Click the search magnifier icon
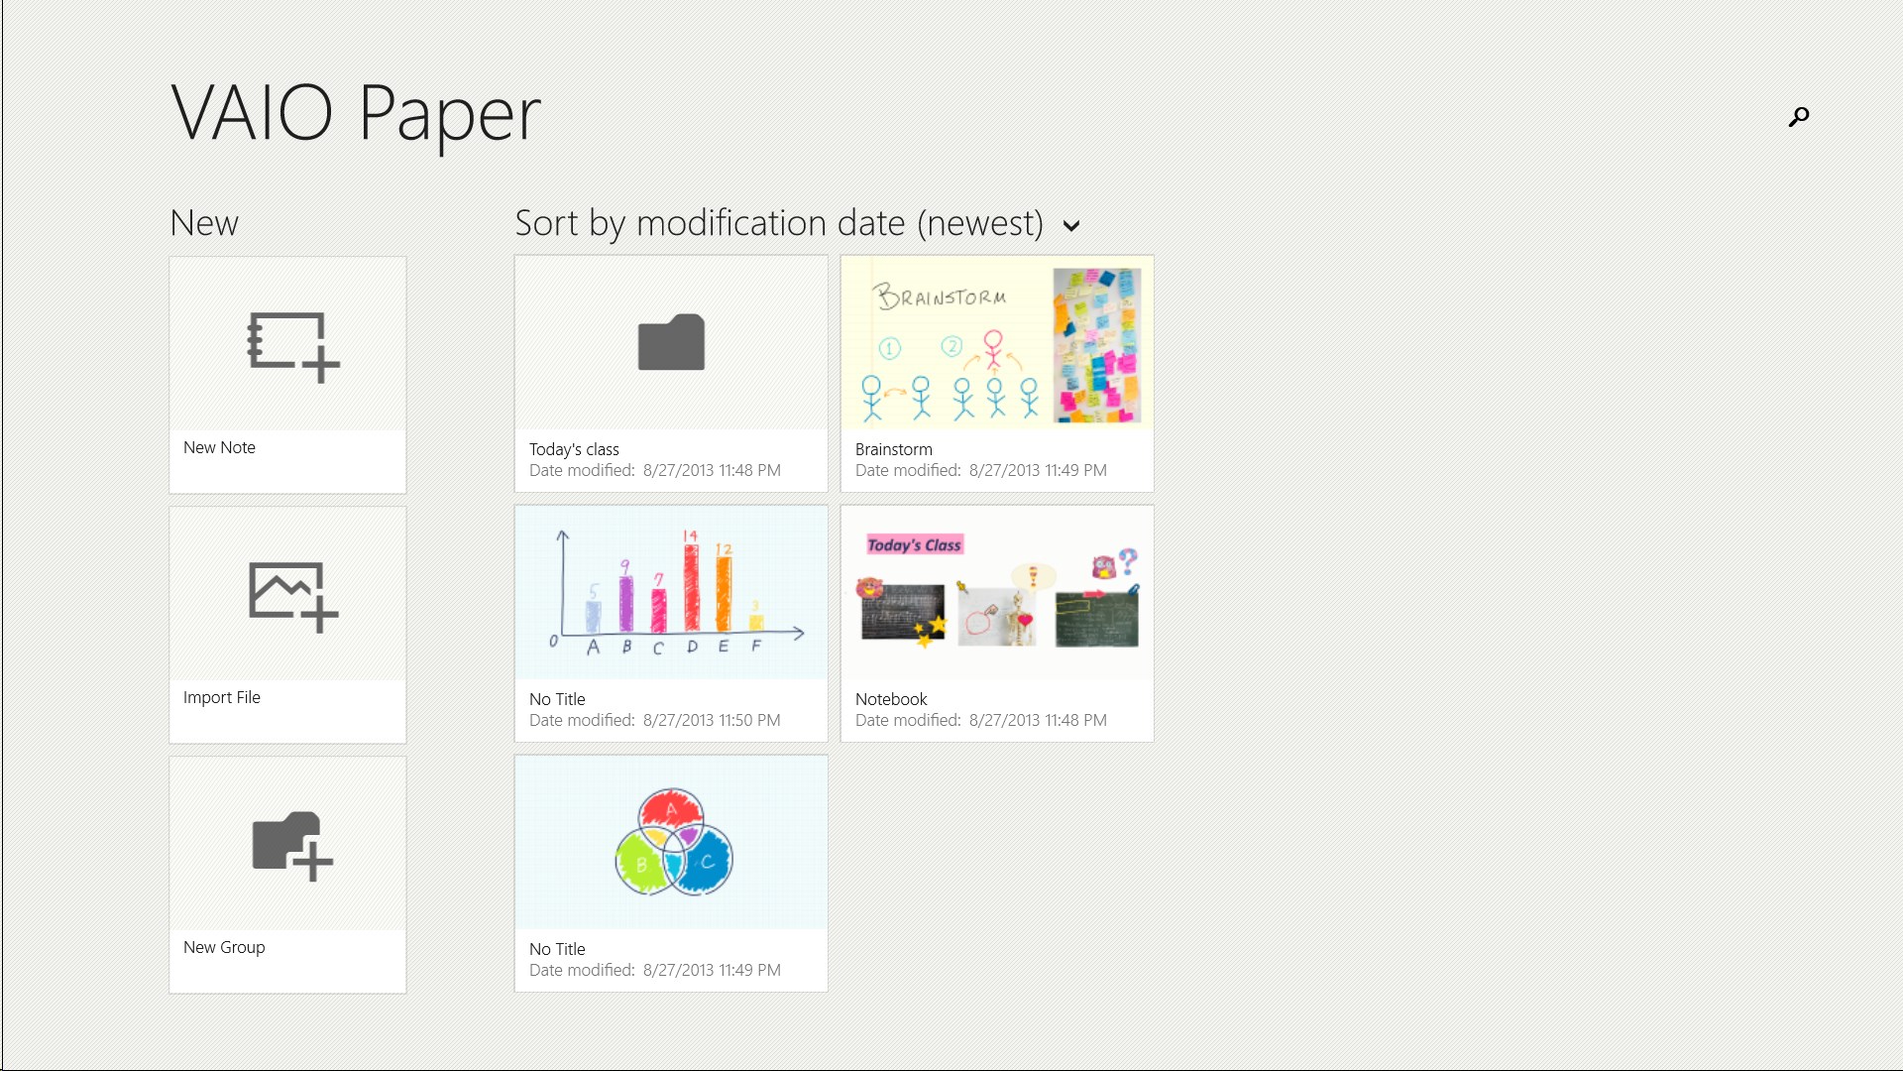[x=1799, y=117]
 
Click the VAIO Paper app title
[x=356, y=114]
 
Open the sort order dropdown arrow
[x=1070, y=226]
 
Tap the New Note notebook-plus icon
[x=292, y=346]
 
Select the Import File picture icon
[x=293, y=597]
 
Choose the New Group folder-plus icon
[x=292, y=846]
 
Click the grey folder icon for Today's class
[x=671, y=342]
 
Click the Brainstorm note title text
[x=894, y=449]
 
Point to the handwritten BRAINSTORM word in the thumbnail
[x=940, y=296]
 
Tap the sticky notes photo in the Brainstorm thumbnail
[x=1096, y=345]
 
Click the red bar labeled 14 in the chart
[x=691, y=587]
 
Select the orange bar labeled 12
[x=724, y=593]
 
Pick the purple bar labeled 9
[x=625, y=603]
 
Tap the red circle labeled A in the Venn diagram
[x=671, y=812]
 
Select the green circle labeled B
[x=640, y=863]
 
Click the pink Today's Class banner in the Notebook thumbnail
[x=915, y=544]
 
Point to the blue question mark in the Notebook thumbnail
[x=1128, y=561]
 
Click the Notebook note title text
[x=891, y=699]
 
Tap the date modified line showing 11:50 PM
[x=655, y=721]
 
